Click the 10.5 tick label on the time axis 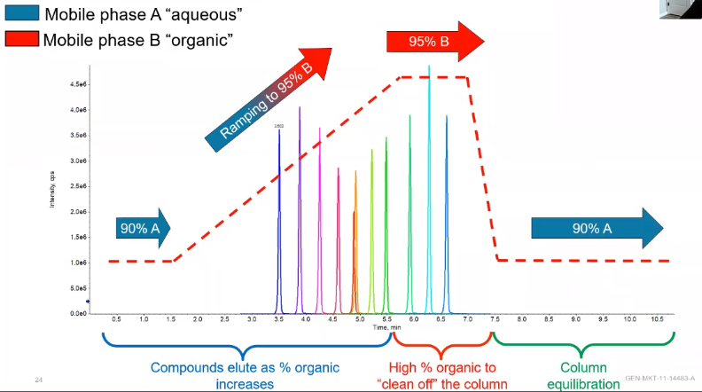tap(657, 318)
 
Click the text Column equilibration tap(582, 375)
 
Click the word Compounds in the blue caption tap(187, 367)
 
